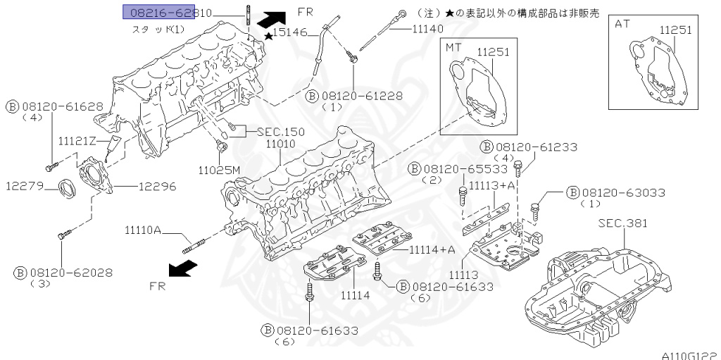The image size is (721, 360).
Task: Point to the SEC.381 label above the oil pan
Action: (622, 223)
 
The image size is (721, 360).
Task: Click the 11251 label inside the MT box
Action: (493, 53)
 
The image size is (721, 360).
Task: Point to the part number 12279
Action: (26, 187)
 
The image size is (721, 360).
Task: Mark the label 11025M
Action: (220, 170)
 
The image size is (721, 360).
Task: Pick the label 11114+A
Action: (422, 249)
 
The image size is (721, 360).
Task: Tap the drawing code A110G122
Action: (690, 356)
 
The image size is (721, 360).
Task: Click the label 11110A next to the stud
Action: (144, 230)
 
